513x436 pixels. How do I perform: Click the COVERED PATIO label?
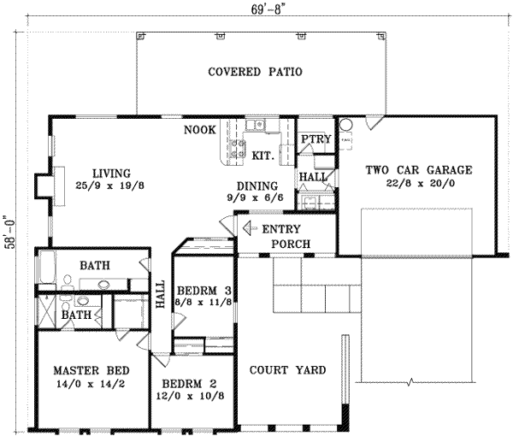point(256,72)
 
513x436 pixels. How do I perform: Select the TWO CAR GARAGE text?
point(418,170)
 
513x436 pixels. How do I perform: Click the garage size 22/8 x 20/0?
point(418,183)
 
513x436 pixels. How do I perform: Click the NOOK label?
point(199,131)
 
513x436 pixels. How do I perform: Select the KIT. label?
point(262,156)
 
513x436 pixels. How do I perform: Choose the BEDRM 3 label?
point(203,291)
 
